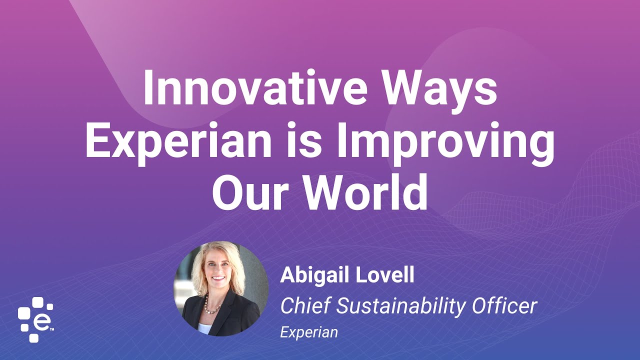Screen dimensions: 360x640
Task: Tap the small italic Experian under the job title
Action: pyautogui.click(x=309, y=332)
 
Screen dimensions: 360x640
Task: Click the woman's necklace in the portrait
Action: pyautogui.click(x=212, y=305)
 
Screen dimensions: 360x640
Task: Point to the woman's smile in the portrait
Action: pyautogui.click(x=218, y=278)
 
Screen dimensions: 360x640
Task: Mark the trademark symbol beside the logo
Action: pyautogui.click(x=51, y=329)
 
